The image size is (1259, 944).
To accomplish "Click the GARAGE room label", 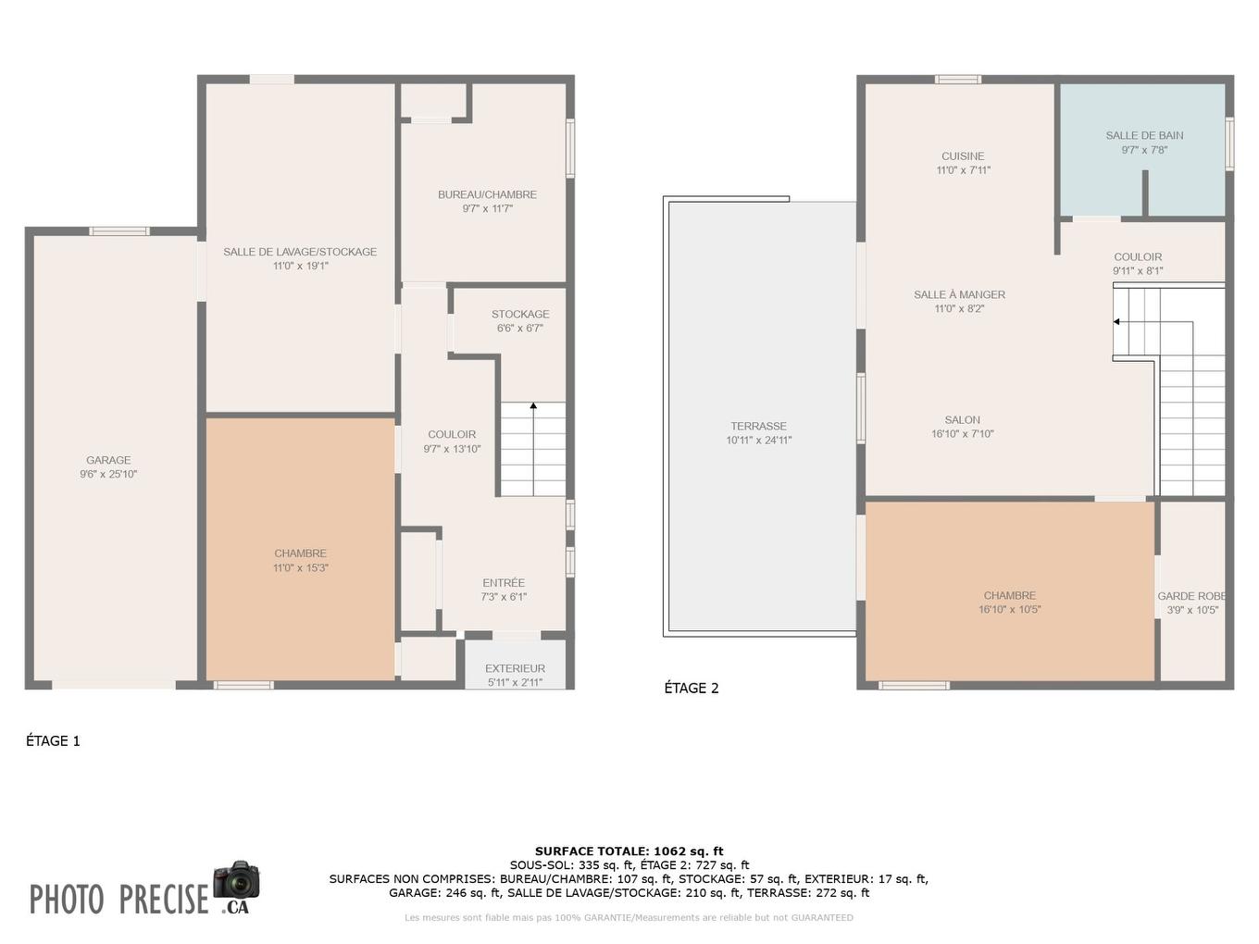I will (108, 460).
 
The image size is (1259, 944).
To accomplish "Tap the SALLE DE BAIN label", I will (1144, 135).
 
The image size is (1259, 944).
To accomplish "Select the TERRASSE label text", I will (758, 427).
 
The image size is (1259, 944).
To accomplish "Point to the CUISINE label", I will (963, 156).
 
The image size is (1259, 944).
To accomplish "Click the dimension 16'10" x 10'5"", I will (1009, 610).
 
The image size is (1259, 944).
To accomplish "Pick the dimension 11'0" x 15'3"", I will (300, 568).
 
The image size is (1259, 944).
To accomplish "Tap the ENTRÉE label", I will (504, 583).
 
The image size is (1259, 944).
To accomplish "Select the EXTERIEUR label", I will (515, 668).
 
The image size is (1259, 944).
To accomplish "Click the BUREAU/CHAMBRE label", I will (487, 194).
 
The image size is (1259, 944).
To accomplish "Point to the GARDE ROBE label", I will (1191, 596).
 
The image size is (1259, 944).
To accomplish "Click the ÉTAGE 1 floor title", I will (53, 740).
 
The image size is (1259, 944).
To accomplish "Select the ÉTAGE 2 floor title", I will (692, 688).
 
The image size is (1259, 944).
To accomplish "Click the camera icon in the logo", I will (236, 880).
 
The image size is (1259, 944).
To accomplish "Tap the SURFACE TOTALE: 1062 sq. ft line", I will (629, 851).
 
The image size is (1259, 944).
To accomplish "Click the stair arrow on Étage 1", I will (533, 406).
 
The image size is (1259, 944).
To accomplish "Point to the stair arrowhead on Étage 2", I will (1116, 322).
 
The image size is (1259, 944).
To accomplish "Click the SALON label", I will (963, 420).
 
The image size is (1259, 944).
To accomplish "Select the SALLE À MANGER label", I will (959, 294).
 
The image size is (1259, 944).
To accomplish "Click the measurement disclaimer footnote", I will (629, 918).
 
